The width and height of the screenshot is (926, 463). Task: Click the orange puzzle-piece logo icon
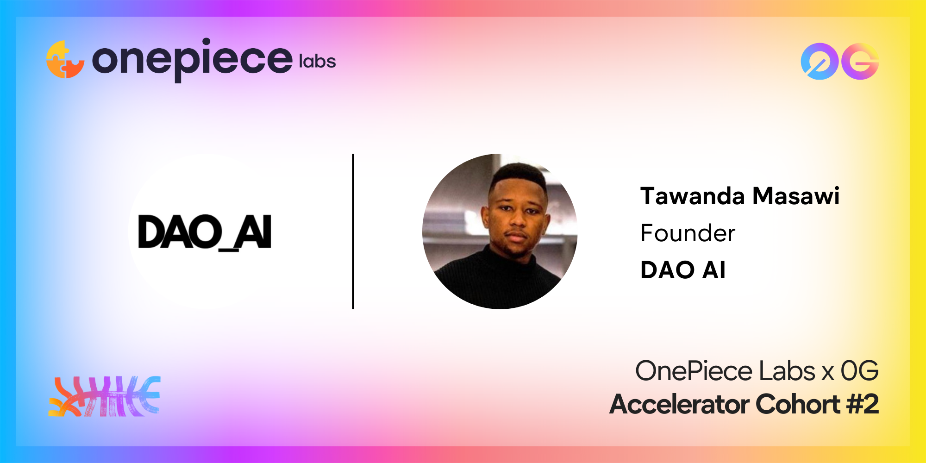point(65,60)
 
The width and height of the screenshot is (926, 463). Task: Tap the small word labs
point(317,61)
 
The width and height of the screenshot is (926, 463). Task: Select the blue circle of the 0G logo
point(820,61)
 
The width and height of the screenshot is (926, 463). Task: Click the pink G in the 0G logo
point(860,61)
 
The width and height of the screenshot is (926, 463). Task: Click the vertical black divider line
point(353,231)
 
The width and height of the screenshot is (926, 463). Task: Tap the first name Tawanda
point(693,196)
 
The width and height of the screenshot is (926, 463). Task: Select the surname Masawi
point(796,196)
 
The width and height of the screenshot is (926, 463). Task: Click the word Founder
point(688,233)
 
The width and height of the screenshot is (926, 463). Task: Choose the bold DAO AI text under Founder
point(683,270)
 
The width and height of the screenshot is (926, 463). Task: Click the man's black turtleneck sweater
point(498,278)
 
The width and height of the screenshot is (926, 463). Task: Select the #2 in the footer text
point(863,404)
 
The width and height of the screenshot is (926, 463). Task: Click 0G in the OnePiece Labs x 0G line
point(860,371)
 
